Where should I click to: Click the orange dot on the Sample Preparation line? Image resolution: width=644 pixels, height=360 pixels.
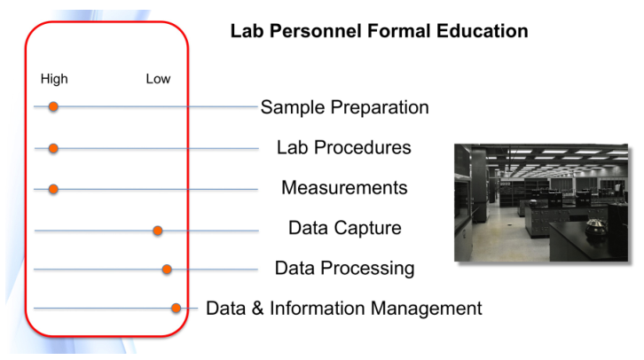pos(53,106)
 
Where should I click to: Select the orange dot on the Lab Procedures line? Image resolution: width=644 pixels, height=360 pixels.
pos(53,148)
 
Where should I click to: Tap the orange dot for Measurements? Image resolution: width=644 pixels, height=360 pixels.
pos(53,189)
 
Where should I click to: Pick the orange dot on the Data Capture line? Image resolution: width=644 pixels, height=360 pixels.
pos(157,231)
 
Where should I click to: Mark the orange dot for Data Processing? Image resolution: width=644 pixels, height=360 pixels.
pos(167,270)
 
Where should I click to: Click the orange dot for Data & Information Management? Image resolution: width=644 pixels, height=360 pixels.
pos(177,308)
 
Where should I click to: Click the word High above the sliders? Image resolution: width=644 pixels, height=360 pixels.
pos(54,79)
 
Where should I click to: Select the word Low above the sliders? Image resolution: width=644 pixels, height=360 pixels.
pos(158,79)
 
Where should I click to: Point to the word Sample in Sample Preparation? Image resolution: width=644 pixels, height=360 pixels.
pos(294,108)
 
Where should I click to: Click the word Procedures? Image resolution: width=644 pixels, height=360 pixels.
pos(362,147)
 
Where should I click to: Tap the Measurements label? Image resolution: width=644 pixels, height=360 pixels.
pos(344,188)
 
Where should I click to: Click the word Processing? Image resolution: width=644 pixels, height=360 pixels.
pos(367,269)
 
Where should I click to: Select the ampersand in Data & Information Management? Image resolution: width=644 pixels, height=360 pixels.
pos(257,309)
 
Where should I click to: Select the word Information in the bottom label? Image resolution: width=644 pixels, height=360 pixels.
pos(317,309)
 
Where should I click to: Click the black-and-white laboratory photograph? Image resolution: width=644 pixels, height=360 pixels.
pos(541,202)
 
